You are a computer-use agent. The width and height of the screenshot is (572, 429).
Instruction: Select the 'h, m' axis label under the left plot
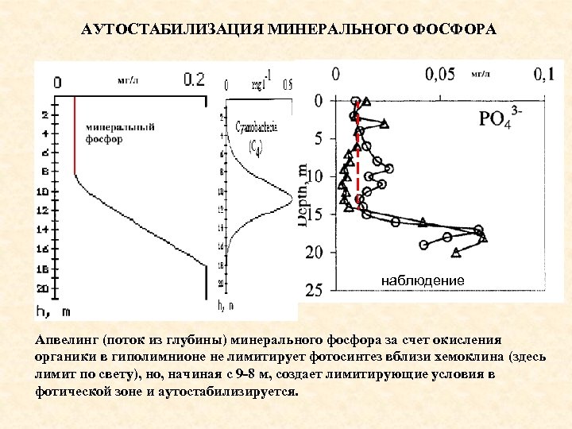tap(58, 311)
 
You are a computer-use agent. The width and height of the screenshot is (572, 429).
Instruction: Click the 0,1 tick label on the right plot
tap(543, 75)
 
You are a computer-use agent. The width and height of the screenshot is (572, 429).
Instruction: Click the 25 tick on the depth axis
tap(314, 290)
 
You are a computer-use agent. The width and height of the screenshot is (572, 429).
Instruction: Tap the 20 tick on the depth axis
tap(314, 252)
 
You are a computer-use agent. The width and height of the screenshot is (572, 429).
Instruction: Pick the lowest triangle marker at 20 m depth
tap(456, 253)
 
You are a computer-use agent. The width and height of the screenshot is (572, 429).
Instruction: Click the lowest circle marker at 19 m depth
tap(424, 245)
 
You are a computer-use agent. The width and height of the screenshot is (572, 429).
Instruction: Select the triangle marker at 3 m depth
tap(385, 123)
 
